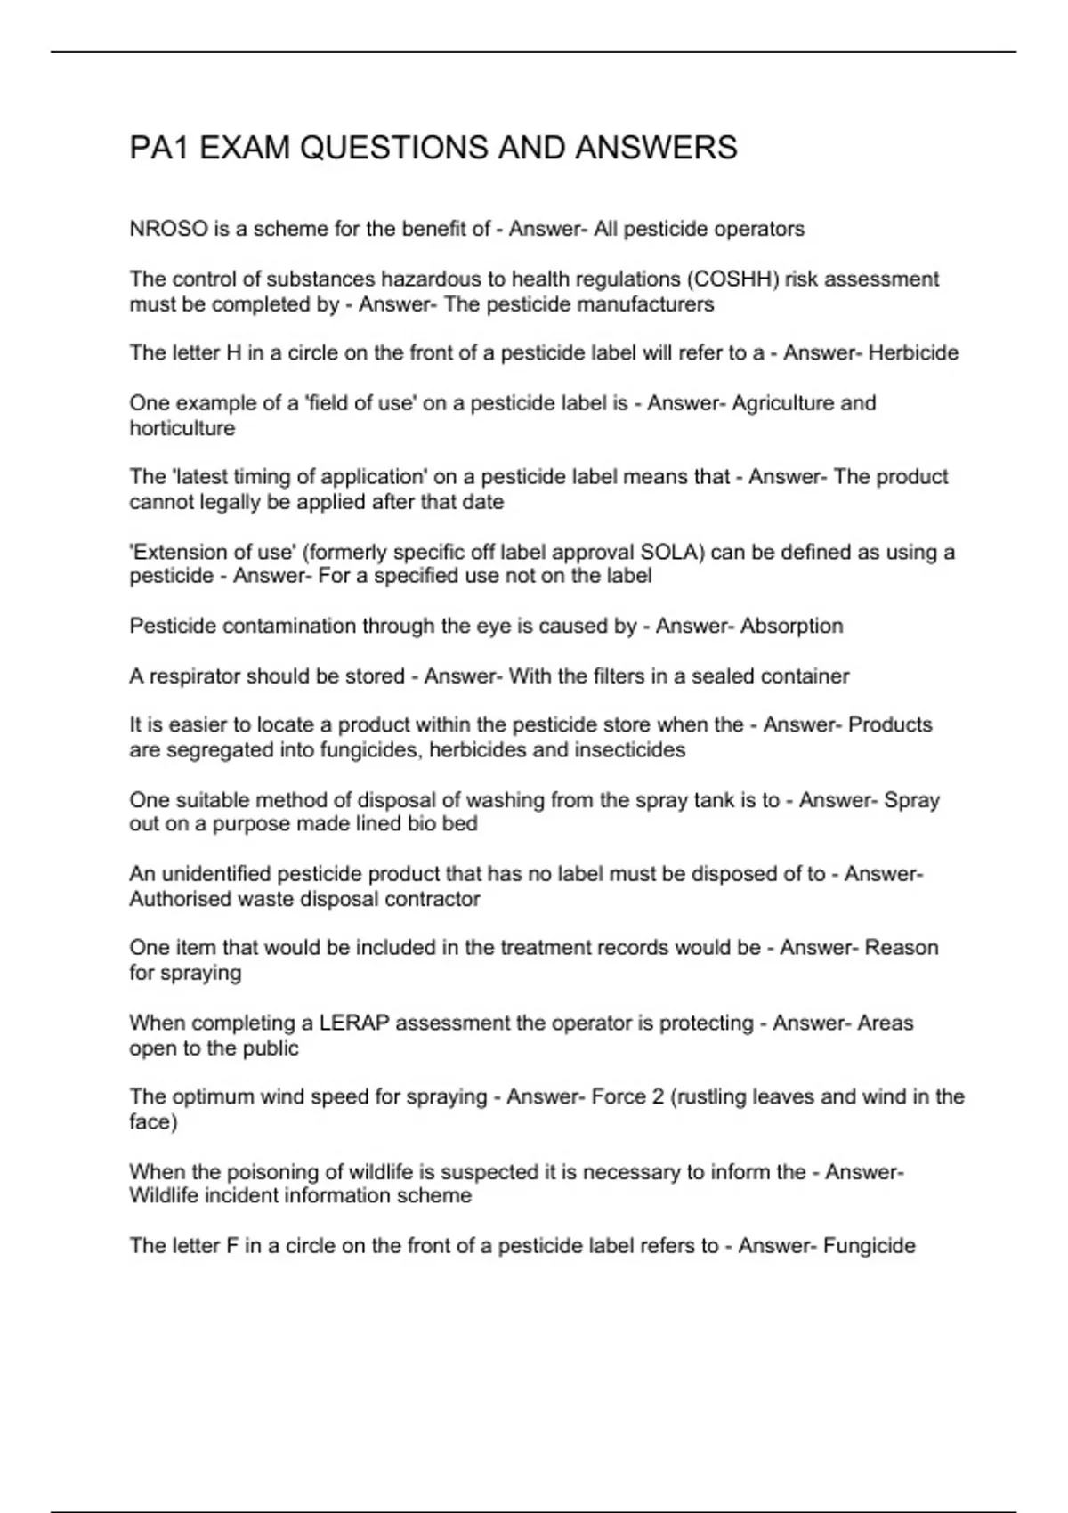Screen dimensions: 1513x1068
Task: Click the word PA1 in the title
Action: click(x=159, y=148)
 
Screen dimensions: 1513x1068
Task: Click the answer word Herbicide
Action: click(x=913, y=353)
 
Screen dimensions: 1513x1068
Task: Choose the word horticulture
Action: click(x=182, y=428)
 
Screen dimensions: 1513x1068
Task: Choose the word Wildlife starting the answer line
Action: click(x=165, y=1196)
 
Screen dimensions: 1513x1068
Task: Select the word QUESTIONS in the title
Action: click(x=396, y=148)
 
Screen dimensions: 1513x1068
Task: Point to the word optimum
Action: click(x=210, y=1097)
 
